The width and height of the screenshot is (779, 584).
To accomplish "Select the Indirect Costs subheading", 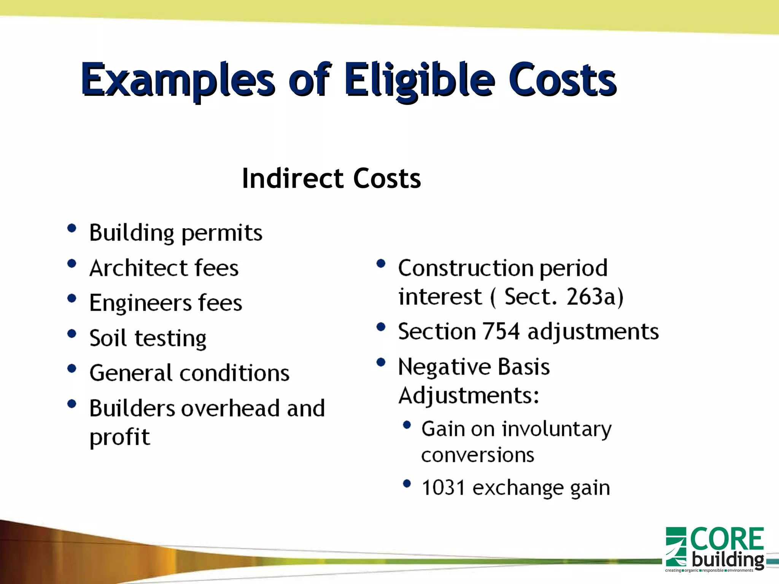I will [331, 178].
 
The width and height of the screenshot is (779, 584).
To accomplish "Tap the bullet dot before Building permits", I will [72, 228].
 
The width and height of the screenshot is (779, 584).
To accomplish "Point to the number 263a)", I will [595, 297].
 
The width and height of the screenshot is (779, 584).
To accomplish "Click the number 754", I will [501, 331].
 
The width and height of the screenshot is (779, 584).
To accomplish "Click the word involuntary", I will [557, 430].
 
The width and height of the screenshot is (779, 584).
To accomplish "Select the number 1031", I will [443, 488].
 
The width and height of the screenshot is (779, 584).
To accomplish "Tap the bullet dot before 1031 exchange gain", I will [407, 484].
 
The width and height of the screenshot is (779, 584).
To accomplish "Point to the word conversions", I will [478, 455].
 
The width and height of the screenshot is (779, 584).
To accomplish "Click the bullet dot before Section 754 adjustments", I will [381, 327].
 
